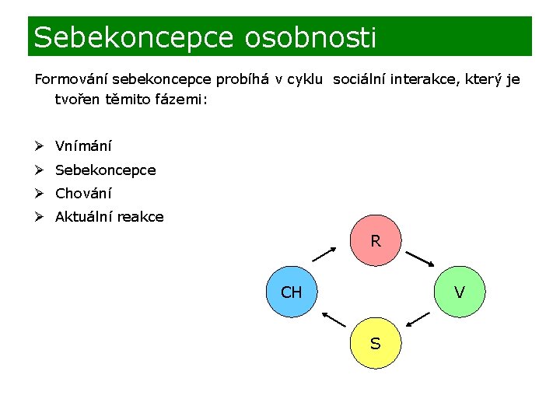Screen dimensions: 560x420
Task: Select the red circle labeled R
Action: click(x=376, y=241)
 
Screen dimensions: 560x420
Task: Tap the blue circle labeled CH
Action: click(x=292, y=292)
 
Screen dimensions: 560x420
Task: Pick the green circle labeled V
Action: click(x=460, y=292)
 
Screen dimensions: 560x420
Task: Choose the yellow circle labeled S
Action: click(x=376, y=343)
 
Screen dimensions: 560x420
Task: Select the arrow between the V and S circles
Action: click(x=418, y=317)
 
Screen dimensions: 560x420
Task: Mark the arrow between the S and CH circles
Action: click(x=334, y=319)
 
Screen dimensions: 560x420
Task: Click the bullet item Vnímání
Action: click(x=83, y=146)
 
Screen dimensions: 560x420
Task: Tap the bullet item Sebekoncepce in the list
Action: click(x=105, y=170)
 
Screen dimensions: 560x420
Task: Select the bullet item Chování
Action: click(x=83, y=194)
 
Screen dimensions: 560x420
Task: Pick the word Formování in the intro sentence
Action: click(x=72, y=80)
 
